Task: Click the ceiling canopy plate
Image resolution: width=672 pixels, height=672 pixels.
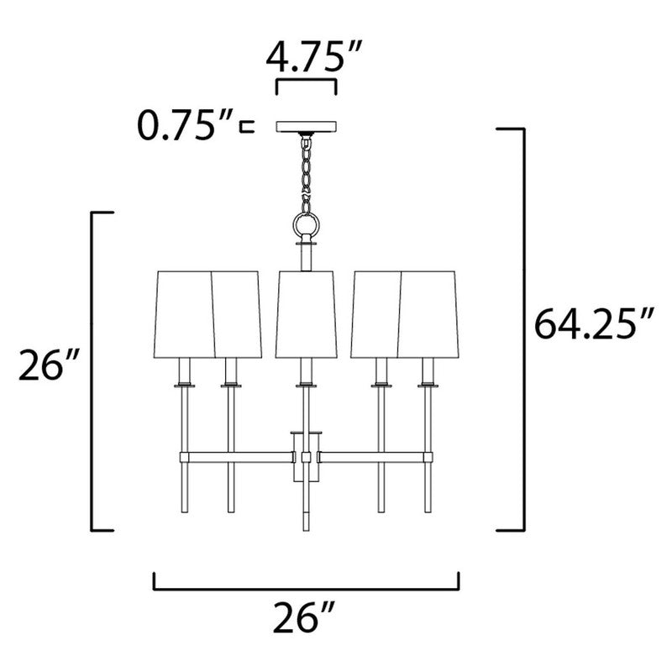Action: pyautogui.click(x=306, y=128)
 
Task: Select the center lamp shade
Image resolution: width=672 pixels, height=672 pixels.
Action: pyautogui.click(x=306, y=312)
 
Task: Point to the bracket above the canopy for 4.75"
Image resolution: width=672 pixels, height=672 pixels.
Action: pyautogui.click(x=306, y=84)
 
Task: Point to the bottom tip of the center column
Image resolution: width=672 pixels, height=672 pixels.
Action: pyautogui.click(x=306, y=528)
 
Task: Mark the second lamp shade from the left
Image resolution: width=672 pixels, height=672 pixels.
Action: pyautogui.click(x=237, y=312)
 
